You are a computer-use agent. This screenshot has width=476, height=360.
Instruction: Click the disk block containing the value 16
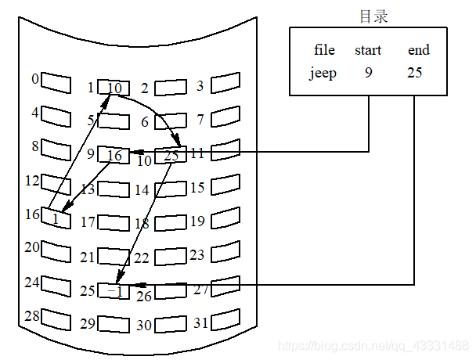point(114,155)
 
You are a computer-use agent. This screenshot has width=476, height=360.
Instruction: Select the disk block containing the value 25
point(171,156)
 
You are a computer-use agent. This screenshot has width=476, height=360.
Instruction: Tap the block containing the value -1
point(114,291)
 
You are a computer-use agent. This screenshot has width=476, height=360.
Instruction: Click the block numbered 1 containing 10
point(114,88)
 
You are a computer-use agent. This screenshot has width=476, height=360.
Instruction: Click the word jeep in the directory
point(323,74)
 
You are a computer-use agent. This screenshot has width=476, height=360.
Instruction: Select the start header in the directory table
point(368,50)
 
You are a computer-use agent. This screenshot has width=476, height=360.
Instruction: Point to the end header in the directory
point(419,50)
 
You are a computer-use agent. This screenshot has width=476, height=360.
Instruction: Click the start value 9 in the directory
point(368,74)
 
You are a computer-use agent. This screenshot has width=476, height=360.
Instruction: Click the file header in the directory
point(324,50)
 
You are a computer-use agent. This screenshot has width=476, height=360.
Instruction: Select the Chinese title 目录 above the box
point(373,16)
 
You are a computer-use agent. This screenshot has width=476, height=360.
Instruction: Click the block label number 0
point(34,79)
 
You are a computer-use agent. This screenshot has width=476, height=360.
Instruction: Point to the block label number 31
point(200,322)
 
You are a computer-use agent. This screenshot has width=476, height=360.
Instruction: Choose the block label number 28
point(31,315)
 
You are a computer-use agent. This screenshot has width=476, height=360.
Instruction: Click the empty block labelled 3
point(225,82)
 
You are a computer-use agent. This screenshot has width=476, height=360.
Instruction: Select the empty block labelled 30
point(171,325)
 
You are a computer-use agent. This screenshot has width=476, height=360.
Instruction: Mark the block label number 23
point(197,255)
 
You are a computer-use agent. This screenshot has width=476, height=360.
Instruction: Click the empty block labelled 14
point(171,189)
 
